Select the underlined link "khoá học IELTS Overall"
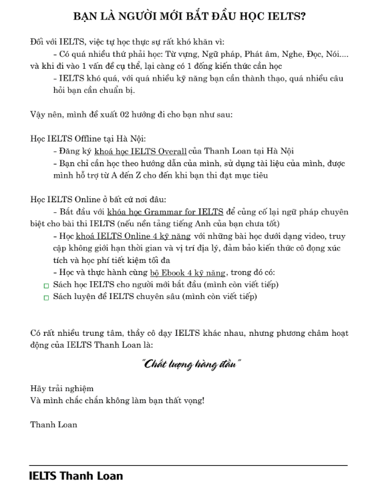coord(141,152)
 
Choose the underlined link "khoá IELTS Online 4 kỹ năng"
coord(140,236)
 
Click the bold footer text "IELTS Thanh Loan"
coord(76,477)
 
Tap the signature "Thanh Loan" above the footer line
coord(53,425)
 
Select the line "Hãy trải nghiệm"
coord(62,389)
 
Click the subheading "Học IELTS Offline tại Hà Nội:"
coord(83,139)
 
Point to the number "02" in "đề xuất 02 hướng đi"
coord(137,114)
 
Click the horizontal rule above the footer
coord(189,465)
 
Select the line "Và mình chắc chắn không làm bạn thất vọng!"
coord(117,401)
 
